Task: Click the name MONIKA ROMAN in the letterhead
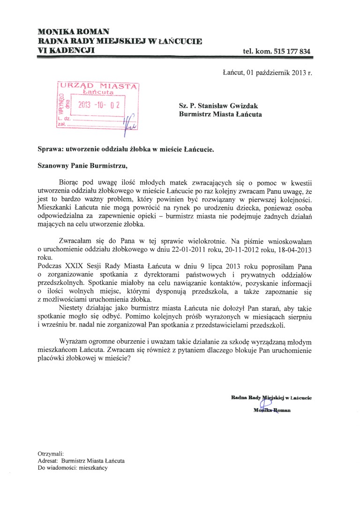coord(74,31)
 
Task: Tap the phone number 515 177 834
coord(289,51)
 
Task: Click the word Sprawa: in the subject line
coord(51,150)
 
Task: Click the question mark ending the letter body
coord(129,359)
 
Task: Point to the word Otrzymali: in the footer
coord(51,454)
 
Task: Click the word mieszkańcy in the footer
coord(93,468)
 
